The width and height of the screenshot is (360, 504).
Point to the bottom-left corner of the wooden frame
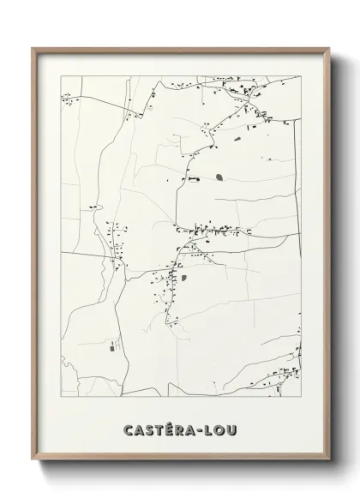tap(33, 462)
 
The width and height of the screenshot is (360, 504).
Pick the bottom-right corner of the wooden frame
tap(328, 462)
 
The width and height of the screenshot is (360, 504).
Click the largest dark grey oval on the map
tap(219, 177)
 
